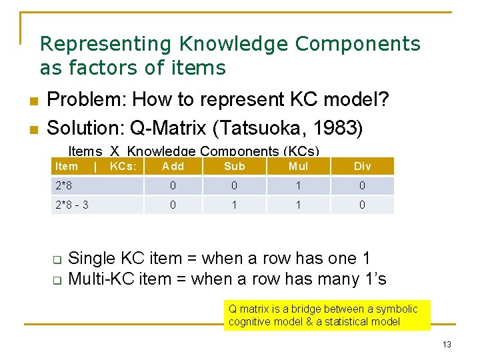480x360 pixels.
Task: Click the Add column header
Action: [173, 166]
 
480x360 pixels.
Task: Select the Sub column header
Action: [235, 166]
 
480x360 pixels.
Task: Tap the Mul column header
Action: [298, 166]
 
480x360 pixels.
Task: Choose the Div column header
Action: [362, 166]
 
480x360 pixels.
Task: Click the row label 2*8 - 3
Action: [71, 205]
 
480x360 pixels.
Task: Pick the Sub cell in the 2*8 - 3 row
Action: [235, 205]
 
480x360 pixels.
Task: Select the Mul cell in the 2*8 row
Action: [298, 185]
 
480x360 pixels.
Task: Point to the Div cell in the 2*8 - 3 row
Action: [362, 205]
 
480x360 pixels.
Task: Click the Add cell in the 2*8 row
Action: [173, 185]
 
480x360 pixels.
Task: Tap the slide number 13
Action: [447, 344]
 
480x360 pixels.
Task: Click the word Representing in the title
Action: [106, 44]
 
